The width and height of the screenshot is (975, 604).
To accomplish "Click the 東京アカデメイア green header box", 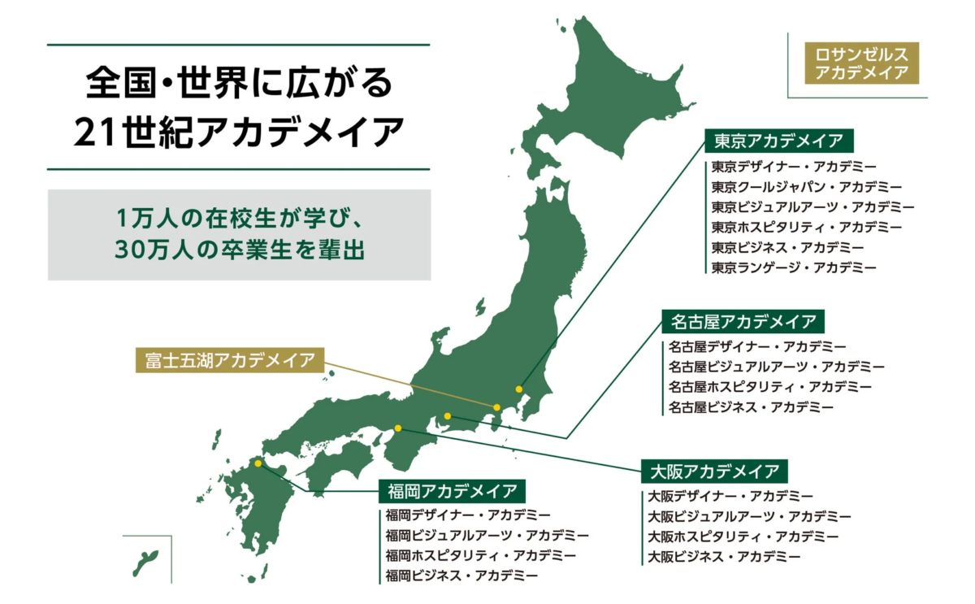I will click(x=778, y=141).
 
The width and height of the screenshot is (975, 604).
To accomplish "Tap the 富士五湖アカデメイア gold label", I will click(x=229, y=360).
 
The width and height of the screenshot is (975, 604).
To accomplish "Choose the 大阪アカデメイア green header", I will click(x=714, y=471).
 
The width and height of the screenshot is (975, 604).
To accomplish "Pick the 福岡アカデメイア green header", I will click(x=452, y=491).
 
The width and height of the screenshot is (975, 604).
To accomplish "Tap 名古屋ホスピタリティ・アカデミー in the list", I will click(x=769, y=386).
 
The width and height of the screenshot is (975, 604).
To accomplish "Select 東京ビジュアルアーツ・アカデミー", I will click(x=812, y=206).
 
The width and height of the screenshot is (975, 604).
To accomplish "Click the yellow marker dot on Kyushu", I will click(x=258, y=463).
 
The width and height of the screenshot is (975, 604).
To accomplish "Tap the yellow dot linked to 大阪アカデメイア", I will click(x=398, y=428).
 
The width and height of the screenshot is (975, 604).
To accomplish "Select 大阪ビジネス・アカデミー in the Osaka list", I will click(x=723, y=557).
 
